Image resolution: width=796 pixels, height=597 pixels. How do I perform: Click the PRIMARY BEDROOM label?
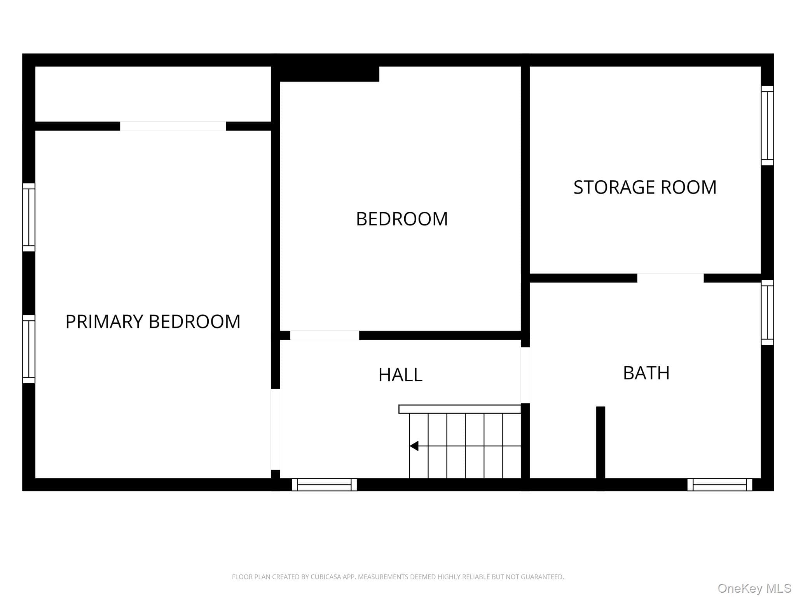click(153, 322)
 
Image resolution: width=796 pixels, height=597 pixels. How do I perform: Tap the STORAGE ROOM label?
click(645, 187)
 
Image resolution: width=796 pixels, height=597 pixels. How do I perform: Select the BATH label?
click(646, 373)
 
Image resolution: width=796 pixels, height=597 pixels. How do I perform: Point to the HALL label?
click(400, 375)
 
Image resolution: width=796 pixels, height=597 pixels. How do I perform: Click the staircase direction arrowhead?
click(414, 446)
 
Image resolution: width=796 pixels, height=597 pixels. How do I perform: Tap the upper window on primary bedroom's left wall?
click(29, 217)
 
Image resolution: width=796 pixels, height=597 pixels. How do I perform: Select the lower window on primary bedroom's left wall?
click(29, 349)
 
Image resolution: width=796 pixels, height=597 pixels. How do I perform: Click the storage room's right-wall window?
click(767, 126)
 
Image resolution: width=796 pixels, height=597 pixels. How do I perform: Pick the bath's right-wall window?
click(767, 312)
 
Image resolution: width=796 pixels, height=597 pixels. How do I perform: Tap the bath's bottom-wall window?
click(720, 485)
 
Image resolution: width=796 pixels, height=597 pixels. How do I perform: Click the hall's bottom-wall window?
click(324, 485)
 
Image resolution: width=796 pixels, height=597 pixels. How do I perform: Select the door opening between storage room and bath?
click(670, 278)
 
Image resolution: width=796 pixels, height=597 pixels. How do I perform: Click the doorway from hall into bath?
click(525, 375)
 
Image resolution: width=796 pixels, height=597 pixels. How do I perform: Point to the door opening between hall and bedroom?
click(325, 335)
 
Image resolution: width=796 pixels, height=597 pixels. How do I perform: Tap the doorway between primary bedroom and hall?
click(275, 429)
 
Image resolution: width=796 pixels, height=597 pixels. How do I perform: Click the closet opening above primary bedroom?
click(173, 126)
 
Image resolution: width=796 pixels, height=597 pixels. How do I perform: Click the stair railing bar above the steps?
click(460, 409)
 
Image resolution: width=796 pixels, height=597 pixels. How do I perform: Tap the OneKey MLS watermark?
click(754, 588)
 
